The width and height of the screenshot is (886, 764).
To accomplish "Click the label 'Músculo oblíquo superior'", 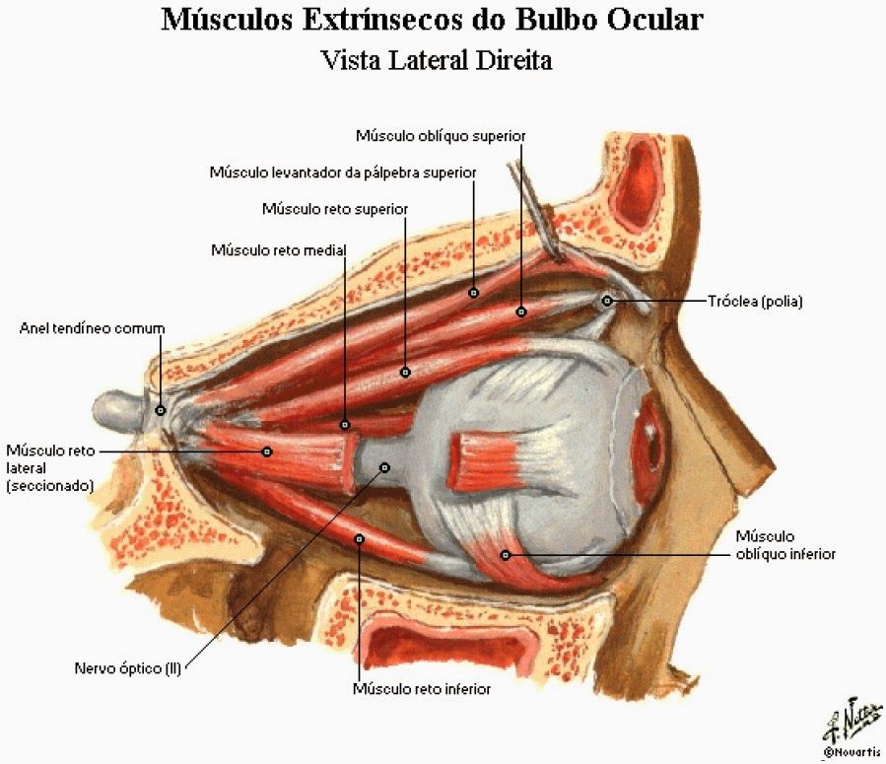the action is pos(441,136).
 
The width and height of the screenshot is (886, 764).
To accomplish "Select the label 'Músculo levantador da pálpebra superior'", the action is pos(343,173).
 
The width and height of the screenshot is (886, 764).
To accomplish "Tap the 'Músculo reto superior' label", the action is pos(335,209).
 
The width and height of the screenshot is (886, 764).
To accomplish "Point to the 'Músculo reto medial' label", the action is pos(279,250).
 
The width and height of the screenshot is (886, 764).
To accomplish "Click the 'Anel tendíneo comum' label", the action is pos(92,328).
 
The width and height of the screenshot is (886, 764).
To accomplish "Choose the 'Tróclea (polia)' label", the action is pos(755,302).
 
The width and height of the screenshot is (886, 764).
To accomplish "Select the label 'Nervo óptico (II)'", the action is pos(128,668).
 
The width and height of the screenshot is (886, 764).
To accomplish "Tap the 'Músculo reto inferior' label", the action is pos(422,689).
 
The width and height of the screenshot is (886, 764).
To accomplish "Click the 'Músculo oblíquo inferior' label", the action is pos(785,545).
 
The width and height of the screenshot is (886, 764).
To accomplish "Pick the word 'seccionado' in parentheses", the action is pos(49,486).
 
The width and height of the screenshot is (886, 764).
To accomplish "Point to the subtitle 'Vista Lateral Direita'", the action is pos(437,60).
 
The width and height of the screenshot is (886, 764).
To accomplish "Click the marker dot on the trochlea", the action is pos(607,301).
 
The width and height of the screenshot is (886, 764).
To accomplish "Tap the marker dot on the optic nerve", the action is pos(384,467).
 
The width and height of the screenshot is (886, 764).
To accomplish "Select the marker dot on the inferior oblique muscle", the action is pos(506,555).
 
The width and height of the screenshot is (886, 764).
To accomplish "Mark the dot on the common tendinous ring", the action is pos(161,410).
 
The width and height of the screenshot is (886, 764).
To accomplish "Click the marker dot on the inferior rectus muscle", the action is pos(359,539).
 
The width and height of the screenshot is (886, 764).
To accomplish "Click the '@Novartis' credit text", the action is pos(852,752).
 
